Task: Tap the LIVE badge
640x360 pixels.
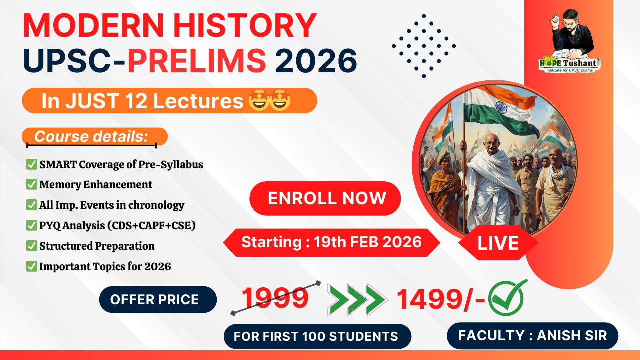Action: point(498,243)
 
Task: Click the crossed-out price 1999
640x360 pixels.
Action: point(275,298)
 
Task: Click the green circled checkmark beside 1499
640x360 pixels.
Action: point(507,298)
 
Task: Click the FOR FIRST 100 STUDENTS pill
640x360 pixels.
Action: point(317,336)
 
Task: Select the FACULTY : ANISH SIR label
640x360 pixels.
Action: point(532,335)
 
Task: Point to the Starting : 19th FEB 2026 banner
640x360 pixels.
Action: point(331,242)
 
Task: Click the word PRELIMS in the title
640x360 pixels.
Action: point(196,60)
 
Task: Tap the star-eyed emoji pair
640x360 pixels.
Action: point(269,101)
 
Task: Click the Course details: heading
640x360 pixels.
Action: point(91,137)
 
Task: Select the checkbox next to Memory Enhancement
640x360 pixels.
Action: point(31,184)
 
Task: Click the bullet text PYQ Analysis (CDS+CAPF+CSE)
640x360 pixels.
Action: point(117,225)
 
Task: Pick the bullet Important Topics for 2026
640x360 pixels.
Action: point(105,266)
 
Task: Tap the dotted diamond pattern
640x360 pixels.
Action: point(424,46)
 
